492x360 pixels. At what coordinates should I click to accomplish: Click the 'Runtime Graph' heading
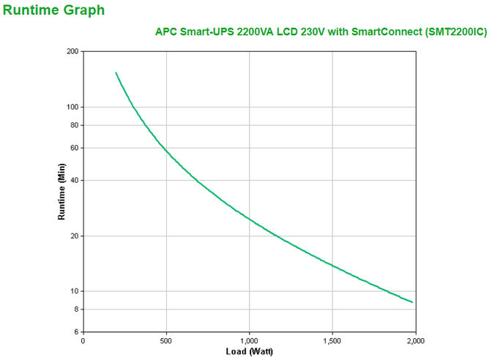point(53,10)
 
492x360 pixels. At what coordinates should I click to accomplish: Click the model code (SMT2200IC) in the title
point(453,32)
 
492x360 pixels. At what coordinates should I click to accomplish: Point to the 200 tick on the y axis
point(72,51)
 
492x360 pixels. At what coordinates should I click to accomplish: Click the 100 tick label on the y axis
point(72,107)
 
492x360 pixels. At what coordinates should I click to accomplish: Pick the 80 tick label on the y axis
point(74,125)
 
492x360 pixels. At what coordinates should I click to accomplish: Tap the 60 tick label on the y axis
point(74,148)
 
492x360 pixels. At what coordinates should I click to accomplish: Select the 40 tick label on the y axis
point(74,180)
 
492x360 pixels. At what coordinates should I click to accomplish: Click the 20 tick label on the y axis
point(74,236)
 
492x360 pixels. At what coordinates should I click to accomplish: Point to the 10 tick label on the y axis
point(74,291)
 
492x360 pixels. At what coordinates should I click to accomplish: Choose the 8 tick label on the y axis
point(76,310)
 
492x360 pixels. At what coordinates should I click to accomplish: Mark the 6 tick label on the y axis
point(76,332)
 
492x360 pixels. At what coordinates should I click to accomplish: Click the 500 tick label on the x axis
point(166,341)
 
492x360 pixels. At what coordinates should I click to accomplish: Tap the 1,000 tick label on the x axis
point(249,341)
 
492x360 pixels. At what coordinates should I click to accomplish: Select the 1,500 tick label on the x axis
point(332,341)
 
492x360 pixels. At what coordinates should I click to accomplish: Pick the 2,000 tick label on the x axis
point(415,341)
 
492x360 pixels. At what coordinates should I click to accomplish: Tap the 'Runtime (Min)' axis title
point(61,192)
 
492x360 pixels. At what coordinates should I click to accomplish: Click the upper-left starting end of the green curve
point(116,72)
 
